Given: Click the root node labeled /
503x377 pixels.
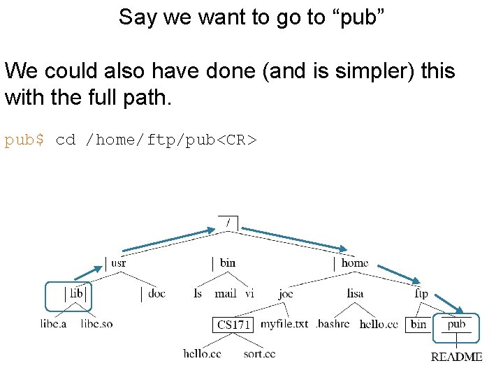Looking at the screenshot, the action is (x=228, y=223).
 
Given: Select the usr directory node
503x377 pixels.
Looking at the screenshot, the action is (x=118, y=263).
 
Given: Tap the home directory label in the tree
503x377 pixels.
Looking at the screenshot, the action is (x=354, y=263).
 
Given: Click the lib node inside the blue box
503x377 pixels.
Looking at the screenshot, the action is (x=76, y=293).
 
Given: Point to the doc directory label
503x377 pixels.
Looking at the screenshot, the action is (x=156, y=293).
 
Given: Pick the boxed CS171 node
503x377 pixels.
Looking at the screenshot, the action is (x=233, y=325).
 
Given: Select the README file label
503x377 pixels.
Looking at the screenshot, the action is (x=456, y=357).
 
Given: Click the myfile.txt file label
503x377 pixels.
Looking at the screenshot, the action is (x=284, y=324).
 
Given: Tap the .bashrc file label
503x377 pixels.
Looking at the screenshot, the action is (x=333, y=324).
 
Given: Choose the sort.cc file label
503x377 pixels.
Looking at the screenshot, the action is (x=259, y=354).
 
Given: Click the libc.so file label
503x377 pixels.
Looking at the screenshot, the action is (x=96, y=324).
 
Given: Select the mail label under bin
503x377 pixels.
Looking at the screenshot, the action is (x=225, y=293).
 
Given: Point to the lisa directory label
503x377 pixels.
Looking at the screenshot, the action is (x=355, y=293).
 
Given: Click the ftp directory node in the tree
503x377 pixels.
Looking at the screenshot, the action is (x=421, y=294).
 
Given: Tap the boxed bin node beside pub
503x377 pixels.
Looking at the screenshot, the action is (x=418, y=325).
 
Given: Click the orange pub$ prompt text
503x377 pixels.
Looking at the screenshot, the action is (x=24, y=140).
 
